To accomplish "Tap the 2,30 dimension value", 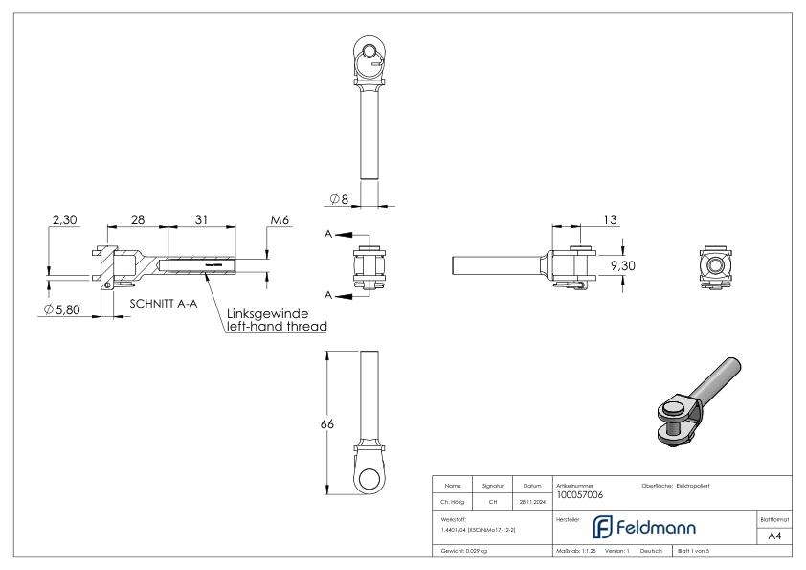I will [x=63, y=219].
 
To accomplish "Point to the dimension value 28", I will [x=137, y=219].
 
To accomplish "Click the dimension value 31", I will [x=201, y=219].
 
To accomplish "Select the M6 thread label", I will [x=280, y=219].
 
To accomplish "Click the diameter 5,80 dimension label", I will [x=59, y=310].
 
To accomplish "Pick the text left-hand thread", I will [x=278, y=327].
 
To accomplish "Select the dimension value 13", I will [x=609, y=219].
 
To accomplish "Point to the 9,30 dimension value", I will [x=624, y=265].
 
